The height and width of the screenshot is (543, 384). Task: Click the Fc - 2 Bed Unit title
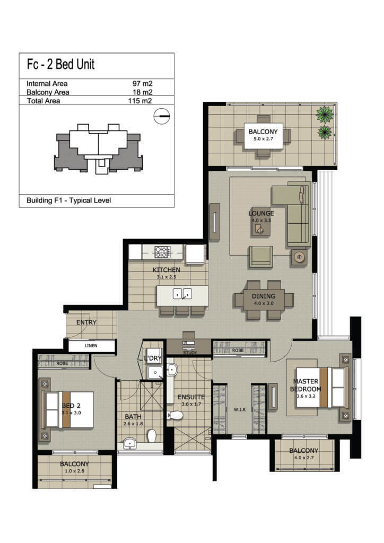(60, 64)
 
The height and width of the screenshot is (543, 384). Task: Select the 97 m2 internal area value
(142, 83)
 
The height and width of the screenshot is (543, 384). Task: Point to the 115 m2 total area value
(140, 101)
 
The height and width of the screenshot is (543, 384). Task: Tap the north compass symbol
(162, 116)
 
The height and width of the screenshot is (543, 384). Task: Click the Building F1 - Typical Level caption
(68, 200)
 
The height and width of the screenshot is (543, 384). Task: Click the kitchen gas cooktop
(162, 252)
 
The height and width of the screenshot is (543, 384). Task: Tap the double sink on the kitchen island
(182, 294)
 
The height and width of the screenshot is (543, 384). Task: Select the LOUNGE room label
(261, 213)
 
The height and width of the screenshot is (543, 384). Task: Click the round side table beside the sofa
(299, 257)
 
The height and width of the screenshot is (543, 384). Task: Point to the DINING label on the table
(264, 296)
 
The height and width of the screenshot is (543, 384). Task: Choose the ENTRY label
(86, 322)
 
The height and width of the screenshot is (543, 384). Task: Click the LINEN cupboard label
(91, 346)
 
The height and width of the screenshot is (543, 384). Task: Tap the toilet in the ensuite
(175, 415)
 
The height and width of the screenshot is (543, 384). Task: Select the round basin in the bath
(130, 443)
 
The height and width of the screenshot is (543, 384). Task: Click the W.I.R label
(240, 410)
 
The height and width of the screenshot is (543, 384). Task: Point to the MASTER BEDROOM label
(306, 385)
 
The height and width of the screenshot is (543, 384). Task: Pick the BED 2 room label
(71, 406)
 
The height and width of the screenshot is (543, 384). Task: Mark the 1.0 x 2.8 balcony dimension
(74, 471)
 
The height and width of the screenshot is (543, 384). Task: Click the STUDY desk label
(190, 353)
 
